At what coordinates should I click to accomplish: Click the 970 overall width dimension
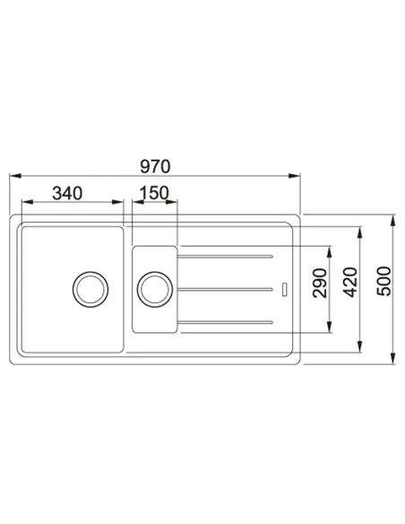coord(155,166)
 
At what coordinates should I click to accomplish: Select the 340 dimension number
coord(67,194)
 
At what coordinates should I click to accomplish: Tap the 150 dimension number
coord(154,193)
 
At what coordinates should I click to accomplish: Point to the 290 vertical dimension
coord(320,283)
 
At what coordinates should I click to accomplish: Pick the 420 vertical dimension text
coord(350,282)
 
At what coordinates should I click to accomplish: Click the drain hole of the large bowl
coord(90,290)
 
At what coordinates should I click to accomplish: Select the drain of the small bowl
coord(155,290)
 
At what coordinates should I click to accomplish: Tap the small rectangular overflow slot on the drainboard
coord(284,290)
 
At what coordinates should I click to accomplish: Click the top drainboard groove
coord(225,257)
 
